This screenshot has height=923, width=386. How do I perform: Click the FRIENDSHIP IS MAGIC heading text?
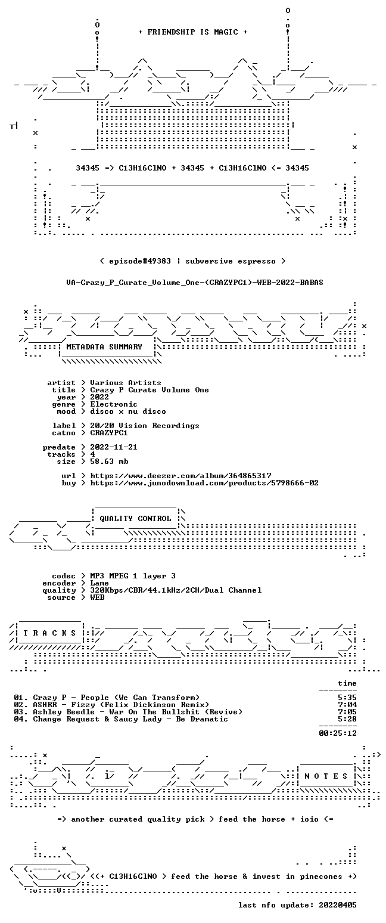pyautogui.click(x=192, y=32)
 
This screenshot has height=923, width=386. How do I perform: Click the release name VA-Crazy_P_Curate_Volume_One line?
pyautogui.click(x=195, y=283)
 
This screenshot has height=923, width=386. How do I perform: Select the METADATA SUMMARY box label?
pyautogui.click(x=104, y=347)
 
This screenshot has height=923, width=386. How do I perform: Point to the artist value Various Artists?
pyautogui.click(x=126, y=383)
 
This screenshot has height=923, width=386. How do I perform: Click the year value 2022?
pyautogui.click(x=99, y=397)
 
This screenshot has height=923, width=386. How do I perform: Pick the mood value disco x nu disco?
pyautogui.click(x=128, y=411)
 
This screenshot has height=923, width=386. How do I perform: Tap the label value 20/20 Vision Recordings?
pyautogui.click(x=144, y=426)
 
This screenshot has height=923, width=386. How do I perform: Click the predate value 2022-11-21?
pyautogui.click(x=114, y=447)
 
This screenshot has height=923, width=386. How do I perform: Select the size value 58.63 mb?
pyautogui.click(x=109, y=461)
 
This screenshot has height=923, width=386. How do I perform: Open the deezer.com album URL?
pyautogui.click(x=180, y=476)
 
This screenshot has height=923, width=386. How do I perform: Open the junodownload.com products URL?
pyautogui.click(x=204, y=483)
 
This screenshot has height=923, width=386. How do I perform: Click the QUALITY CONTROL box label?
pyautogui.click(x=135, y=519)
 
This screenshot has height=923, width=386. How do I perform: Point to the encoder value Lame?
pyautogui.click(x=99, y=583)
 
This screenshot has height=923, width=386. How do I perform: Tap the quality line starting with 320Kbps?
pyautogui.click(x=176, y=590)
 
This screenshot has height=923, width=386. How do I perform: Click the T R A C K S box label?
pyautogui.click(x=49, y=633)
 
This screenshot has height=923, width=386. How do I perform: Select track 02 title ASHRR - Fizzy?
pyautogui.click(x=121, y=705)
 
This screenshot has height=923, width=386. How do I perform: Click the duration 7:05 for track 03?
pyautogui.click(x=347, y=711)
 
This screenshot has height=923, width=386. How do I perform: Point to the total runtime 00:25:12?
pyautogui.click(x=338, y=733)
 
